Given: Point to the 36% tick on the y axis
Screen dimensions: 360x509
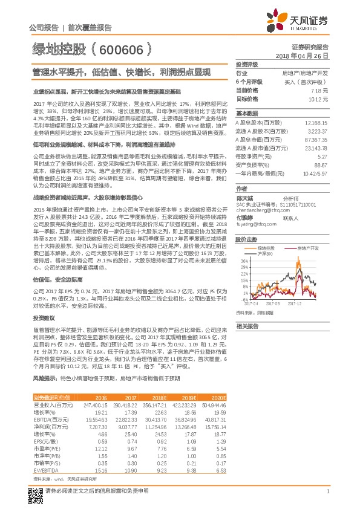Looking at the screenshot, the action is point(242,260).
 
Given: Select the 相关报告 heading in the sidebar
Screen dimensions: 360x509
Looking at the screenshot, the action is point(246,326).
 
